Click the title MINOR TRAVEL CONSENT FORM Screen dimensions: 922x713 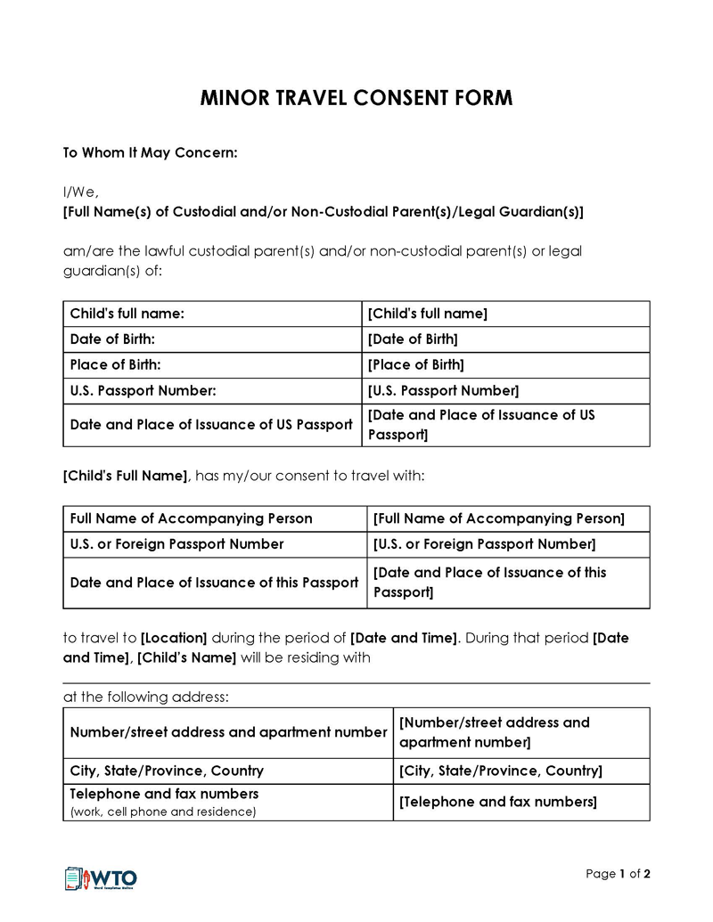pyautogui.click(x=356, y=98)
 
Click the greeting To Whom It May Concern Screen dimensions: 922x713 pyautogui.click(x=150, y=153)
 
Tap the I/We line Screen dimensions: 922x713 pyautogui.click(x=80, y=192)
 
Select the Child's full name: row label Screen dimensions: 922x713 pyautogui.click(x=127, y=314)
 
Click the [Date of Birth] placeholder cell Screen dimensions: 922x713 pyautogui.click(x=413, y=339)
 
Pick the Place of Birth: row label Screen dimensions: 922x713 pyautogui.click(x=116, y=365)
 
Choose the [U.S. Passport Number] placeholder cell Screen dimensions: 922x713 pyautogui.click(x=443, y=391)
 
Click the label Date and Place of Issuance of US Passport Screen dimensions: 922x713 pyautogui.click(x=211, y=425)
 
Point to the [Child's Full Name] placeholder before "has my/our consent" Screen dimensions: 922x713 pyautogui.click(x=125, y=477)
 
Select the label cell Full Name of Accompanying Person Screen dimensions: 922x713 pyautogui.click(x=192, y=518)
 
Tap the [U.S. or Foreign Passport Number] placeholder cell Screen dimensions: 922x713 pyautogui.click(x=484, y=544)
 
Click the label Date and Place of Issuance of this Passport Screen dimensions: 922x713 pyautogui.click(x=214, y=583)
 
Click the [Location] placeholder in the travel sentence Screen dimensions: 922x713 pyautogui.click(x=174, y=639)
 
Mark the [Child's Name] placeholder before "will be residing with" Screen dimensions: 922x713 pyautogui.click(x=186, y=658)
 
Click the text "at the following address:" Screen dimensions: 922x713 pyautogui.click(x=145, y=698)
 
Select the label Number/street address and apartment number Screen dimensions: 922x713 pyautogui.click(x=228, y=732)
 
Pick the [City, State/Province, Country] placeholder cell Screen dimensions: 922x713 pyautogui.click(x=501, y=771)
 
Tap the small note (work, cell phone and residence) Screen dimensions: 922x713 pyautogui.click(x=163, y=812)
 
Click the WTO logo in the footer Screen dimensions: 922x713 pyautogui.click(x=101, y=878)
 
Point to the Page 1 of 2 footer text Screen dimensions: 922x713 pyautogui.click(x=618, y=874)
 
